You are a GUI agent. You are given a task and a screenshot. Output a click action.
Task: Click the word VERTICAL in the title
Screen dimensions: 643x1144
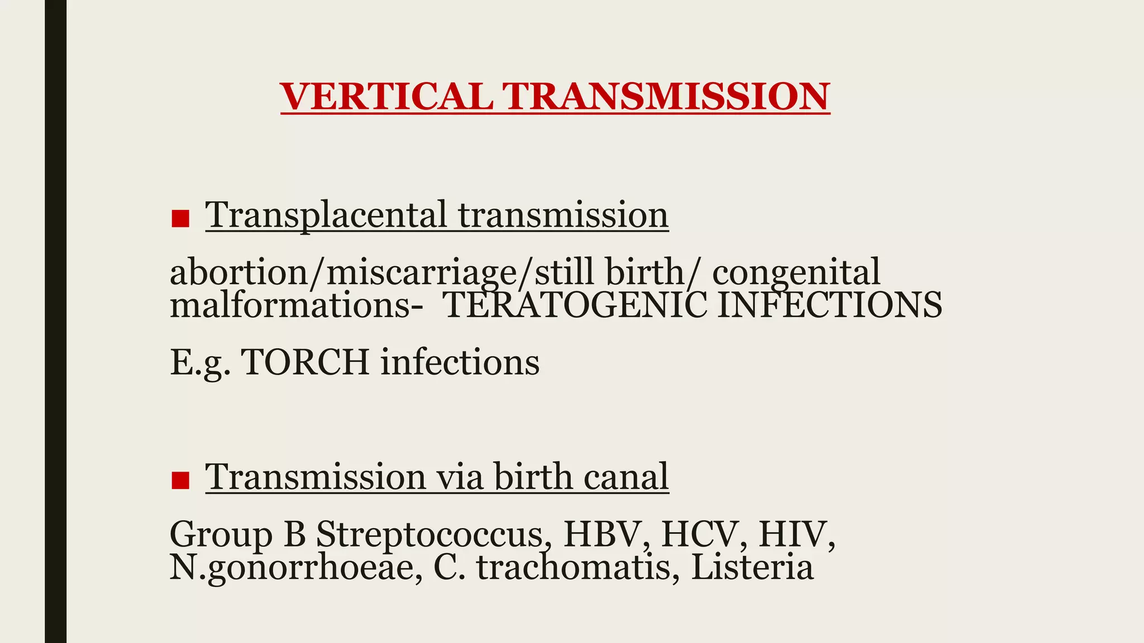[x=387, y=97]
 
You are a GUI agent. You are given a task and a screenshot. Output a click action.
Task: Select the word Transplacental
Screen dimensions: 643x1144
[x=326, y=215]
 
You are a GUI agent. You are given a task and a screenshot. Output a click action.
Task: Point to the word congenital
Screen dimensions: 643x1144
[x=796, y=272]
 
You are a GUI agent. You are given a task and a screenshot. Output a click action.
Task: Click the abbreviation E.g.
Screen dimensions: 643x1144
[x=200, y=363]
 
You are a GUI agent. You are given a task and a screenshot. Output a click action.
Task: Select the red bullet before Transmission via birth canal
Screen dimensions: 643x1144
[x=180, y=481]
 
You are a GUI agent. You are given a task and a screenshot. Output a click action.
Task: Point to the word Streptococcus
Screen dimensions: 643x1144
[x=430, y=534]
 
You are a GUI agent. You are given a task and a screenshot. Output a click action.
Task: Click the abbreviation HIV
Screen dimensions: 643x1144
[x=793, y=534]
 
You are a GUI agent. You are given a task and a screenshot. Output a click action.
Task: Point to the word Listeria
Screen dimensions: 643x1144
[x=752, y=567]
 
